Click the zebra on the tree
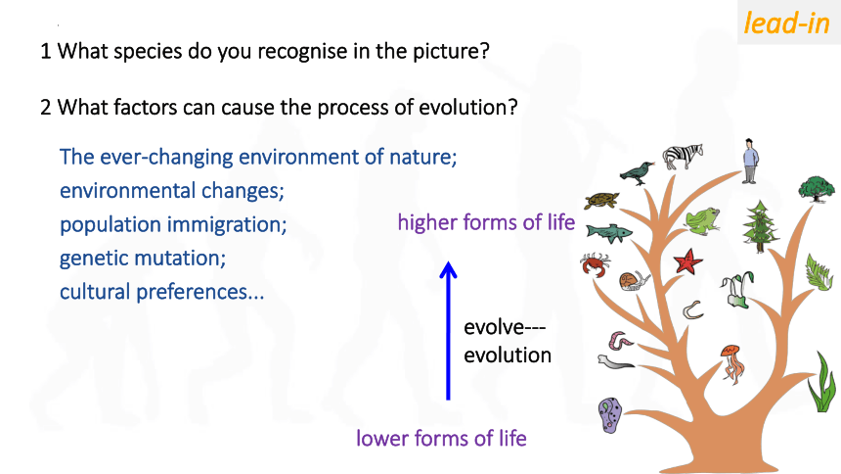pos(683,157)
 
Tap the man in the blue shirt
pos(750,162)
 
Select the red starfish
pos(687,261)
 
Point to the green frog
pos(702,221)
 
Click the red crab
pos(595,264)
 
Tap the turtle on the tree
pos(601,201)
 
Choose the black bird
pos(637,173)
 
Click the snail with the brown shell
pos(634,280)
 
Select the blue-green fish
pos(609,233)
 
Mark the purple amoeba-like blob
pos(610,415)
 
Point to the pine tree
pos(760,226)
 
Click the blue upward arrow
pos(449,330)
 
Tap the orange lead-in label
pos(786,24)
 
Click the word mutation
pos(181,258)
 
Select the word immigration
pos(218,224)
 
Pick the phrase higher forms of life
pos(486,222)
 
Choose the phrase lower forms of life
pos(441,438)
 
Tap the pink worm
pos(619,341)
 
